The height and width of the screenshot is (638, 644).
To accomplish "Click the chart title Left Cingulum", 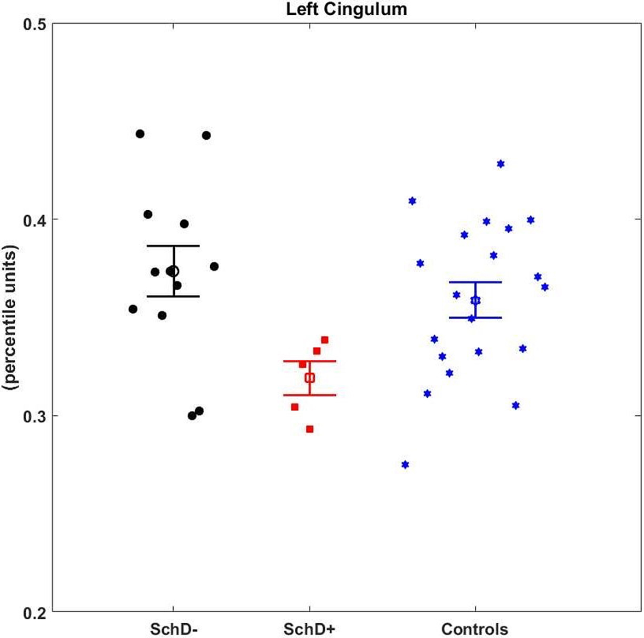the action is tap(346, 9).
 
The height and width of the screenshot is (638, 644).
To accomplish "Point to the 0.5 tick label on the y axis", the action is tap(34, 25).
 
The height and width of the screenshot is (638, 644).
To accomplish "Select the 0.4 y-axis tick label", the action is tap(34, 221).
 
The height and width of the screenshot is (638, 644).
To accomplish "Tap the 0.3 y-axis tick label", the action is tap(34, 417).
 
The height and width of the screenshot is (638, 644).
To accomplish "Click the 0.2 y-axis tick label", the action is tap(34, 613).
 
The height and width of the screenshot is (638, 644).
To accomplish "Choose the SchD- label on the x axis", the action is tap(174, 629).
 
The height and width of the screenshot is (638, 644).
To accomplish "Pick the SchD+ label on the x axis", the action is tap(309, 629).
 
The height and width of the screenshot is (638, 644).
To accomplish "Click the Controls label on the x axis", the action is tap(475, 629).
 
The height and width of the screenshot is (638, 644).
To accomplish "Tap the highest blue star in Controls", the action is tap(500, 164).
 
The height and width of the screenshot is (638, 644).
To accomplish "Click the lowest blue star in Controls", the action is tap(405, 465).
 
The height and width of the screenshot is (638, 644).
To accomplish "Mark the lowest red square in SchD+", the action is tap(310, 429).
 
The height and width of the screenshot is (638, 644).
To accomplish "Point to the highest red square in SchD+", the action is tap(324, 340).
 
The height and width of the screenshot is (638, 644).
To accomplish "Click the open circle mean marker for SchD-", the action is tap(174, 271).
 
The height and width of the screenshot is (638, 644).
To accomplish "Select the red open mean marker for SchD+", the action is tap(310, 378).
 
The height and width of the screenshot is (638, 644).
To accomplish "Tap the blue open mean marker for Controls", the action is tap(475, 300).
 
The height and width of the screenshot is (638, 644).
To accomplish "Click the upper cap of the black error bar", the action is tap(173, 246).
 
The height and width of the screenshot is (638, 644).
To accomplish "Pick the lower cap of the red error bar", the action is tap(310, 395).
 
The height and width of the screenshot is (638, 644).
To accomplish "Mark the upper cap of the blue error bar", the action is tap(475, 282).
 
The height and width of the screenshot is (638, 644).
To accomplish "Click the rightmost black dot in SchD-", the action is tap(214, 266).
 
